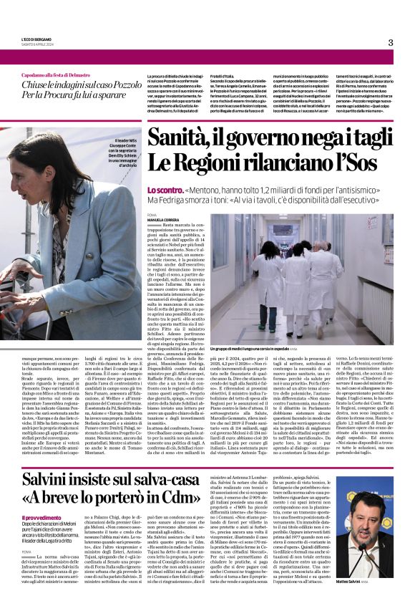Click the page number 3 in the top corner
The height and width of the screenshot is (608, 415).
tap(391, 42)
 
